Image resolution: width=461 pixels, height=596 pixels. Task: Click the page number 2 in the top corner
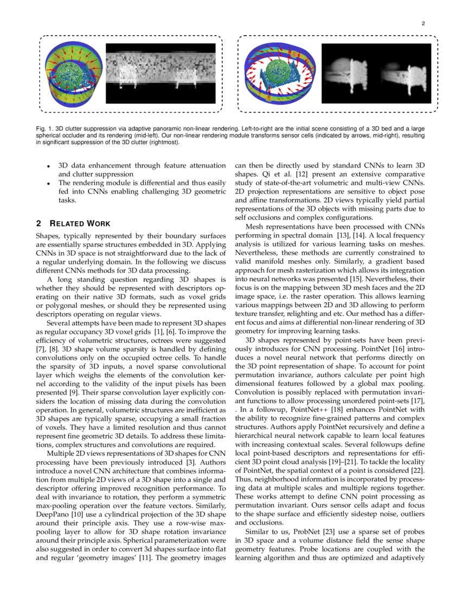pyautogui.click(x=422, y=23)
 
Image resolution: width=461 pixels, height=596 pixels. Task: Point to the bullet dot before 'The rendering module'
pyautogui.click(x=49, y=184)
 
